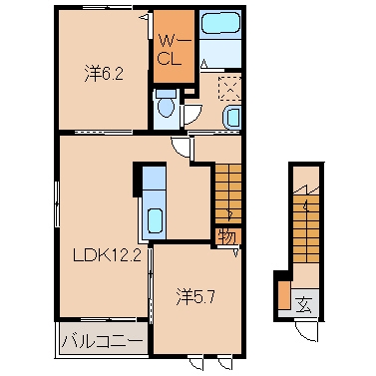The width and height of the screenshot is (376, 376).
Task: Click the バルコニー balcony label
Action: (x=102, y=339)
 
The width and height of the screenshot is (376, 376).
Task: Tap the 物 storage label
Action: (x=226, y=236)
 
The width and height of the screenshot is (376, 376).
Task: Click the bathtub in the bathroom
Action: (x=216, y=26)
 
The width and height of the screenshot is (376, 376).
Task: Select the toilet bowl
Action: (x=165, y=103)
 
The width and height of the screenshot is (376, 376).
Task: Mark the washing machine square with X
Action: (x=230, y=88)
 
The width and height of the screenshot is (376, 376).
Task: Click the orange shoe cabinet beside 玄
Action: (x=284, y=296)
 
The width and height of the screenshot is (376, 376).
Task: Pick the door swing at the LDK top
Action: (x=181, y=147)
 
